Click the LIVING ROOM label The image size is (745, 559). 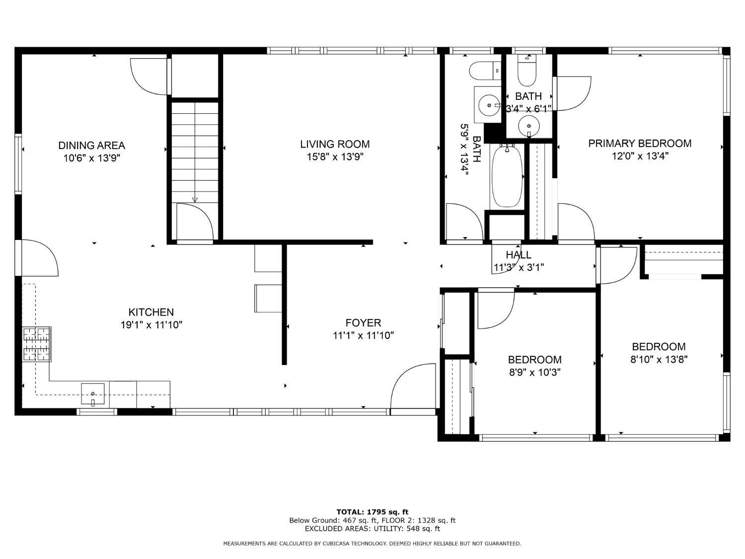pyautogui.click(x=335, y=144)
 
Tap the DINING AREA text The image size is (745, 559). pyautogui.click(x=92, y=146)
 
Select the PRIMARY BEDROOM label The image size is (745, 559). pyautogui.click(x=640, y=144)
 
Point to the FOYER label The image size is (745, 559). pyautogui.click(x=363, y=323)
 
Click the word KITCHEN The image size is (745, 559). pyautogui.click(x=151, y=312)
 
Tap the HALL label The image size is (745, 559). pyautogui.click(x=519, y=255)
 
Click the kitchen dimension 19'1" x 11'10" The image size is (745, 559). pyautogui.click(x=151, y=325)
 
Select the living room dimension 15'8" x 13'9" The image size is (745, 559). pyautogui.click(x=335, y=157)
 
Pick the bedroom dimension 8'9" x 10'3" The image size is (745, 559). pyautogui.click(x=534, y=373)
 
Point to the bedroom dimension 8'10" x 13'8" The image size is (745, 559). pyautogui.click(x=659, y=359)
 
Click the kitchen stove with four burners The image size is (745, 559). pyautogui.click(x=37, y=344)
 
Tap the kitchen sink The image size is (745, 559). pyautogui.click(x=93, y=394)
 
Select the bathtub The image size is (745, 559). pyautogui.click(x=507, y=176)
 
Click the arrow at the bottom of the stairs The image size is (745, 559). pyautogui.click(x=195, y=200)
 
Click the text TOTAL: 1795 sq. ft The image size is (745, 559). pyautogui.click(x=372, y=512)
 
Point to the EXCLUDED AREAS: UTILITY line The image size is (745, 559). pyautogui.click(x=372, y=529)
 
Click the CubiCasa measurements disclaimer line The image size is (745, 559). pyautogui.click(x=372, y=544)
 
